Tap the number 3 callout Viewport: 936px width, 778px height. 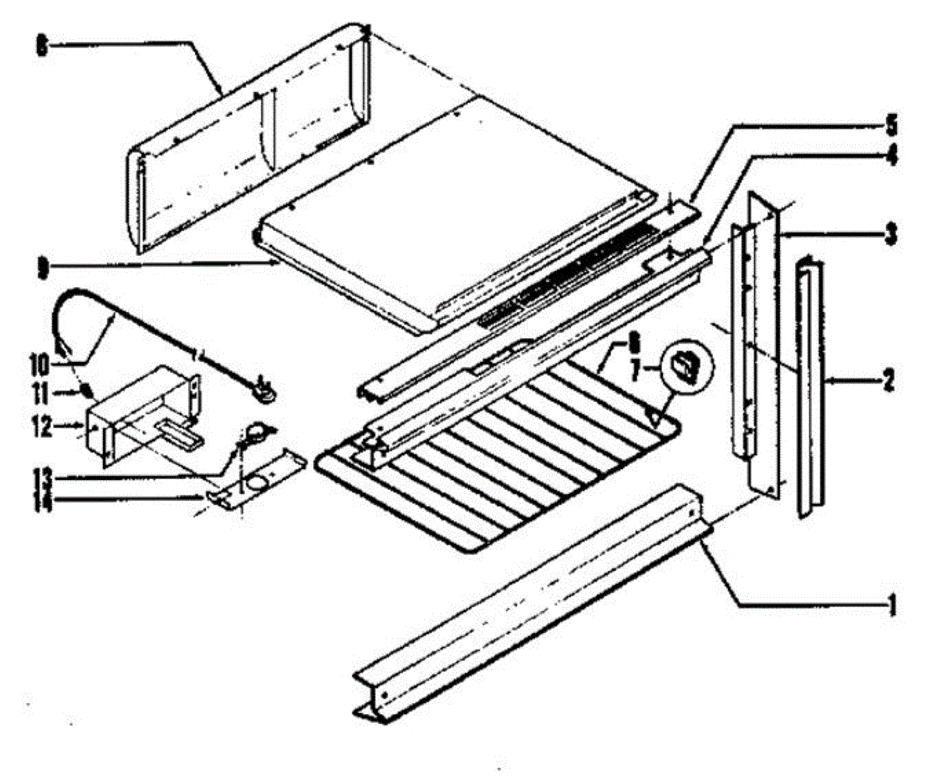click(889, 232)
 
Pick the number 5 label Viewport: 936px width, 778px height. click(891, 125)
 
